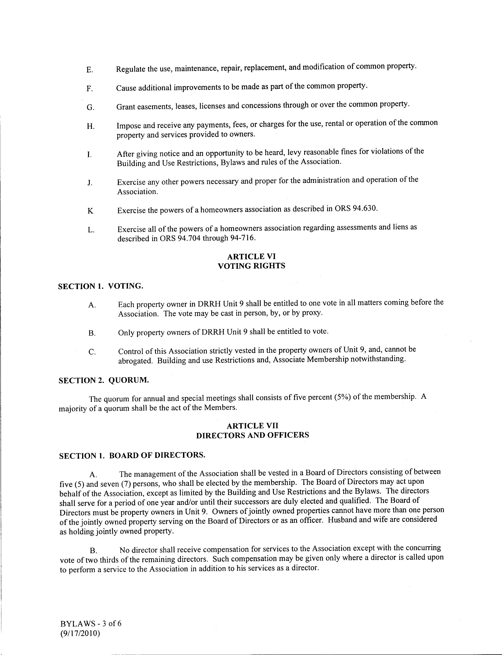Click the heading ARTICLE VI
click(x=251, y=256)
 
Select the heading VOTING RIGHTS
click(x=251, y=266)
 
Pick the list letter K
click(x=90, y=211)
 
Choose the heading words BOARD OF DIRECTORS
click(x=157, y=456)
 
